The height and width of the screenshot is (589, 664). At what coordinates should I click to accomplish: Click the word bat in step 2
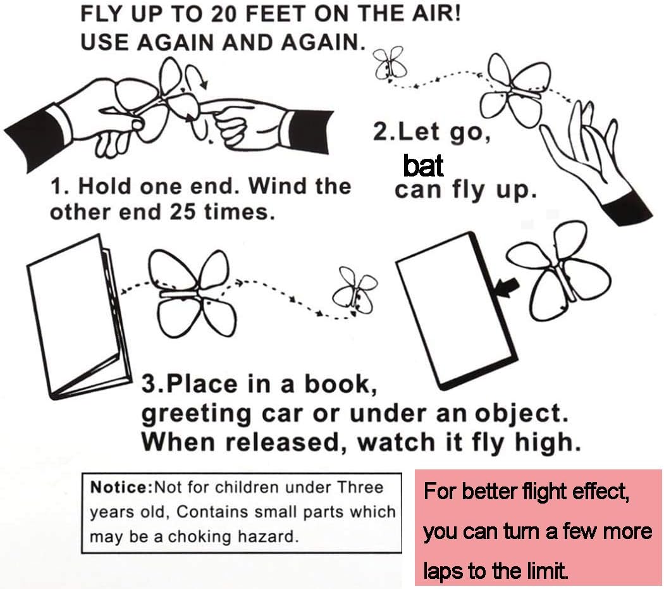[423, 166]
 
